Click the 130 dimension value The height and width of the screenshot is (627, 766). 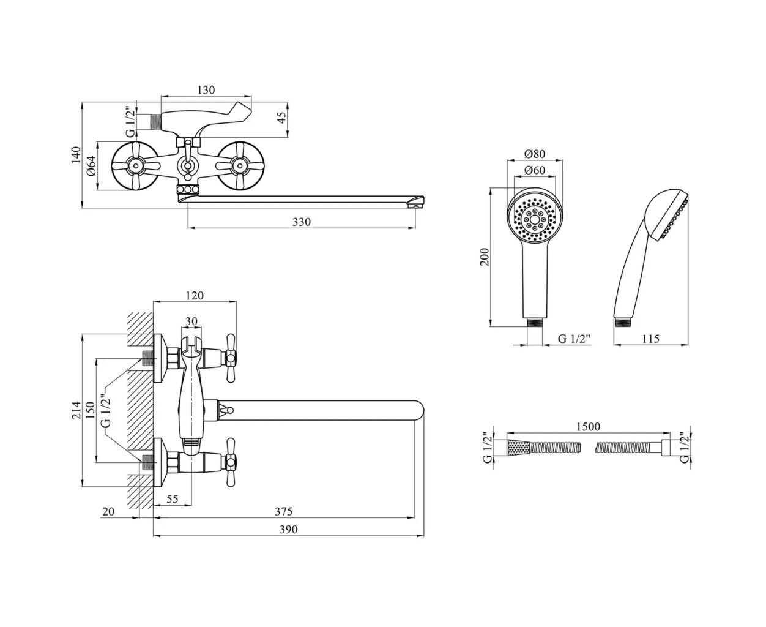click(x=206, y=90)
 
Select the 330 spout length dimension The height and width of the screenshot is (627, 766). click(x=302, y=222)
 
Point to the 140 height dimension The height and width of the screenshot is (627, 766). click(x=75, y=156)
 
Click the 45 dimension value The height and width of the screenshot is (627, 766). click(x=282, y=117)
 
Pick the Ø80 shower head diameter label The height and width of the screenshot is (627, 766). click(x=534, y=154)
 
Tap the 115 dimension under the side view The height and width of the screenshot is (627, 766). click(x=651, y=338)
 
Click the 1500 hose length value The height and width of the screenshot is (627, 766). click(x=588, y=426)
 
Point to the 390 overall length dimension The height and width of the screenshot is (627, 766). click(x=288, y=529)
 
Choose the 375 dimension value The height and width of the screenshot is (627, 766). click(x=283, y=511)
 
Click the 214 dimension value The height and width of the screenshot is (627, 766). click(x=76, y=409)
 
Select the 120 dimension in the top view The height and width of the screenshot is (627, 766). click(x=194, y=296)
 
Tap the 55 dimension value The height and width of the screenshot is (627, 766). click(x=172, y=499)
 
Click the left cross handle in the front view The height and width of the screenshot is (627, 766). click(x=136, y=165)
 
